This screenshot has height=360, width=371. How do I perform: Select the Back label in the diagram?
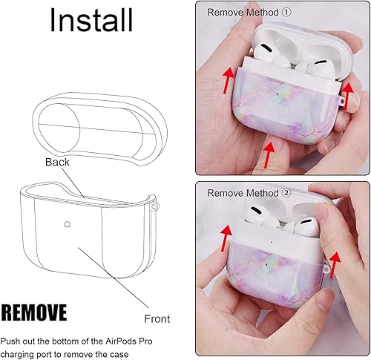56,161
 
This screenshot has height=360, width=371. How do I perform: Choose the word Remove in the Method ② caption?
225,193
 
